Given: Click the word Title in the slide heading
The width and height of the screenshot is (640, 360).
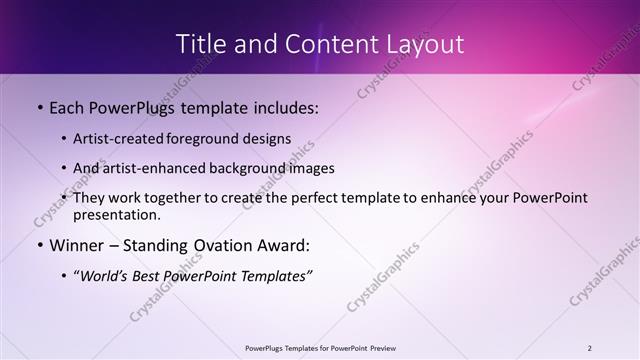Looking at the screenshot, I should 200,44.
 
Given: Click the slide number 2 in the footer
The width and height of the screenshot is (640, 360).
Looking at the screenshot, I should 590,347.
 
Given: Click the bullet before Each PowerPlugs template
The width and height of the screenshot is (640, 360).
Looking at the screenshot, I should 38,106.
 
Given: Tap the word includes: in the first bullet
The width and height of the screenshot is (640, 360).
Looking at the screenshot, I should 282,106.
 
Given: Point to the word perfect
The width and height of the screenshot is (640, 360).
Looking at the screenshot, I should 295,198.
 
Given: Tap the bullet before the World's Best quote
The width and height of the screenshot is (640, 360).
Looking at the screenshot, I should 65,276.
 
